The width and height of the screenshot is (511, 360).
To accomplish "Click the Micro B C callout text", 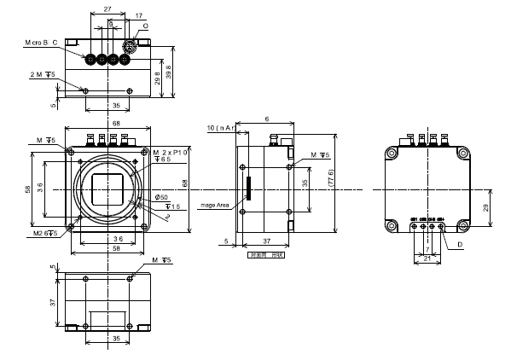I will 40,42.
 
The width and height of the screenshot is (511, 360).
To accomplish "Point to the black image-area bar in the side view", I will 250,188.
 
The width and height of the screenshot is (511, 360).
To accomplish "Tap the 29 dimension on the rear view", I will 485,208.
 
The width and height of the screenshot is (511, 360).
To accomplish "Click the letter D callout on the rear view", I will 460,246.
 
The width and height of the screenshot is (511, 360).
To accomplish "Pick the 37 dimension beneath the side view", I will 266,241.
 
